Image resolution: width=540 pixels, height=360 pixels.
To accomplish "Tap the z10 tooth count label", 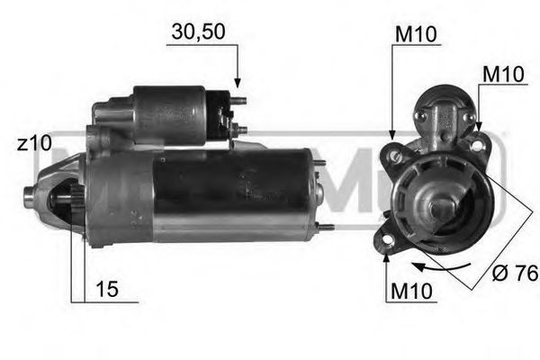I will [35, 144].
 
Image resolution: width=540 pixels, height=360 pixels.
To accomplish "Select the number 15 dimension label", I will [106, 290].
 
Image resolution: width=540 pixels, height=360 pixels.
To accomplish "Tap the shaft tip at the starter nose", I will [27, 193].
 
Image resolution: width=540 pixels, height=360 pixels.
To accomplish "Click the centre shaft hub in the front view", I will [440, 206].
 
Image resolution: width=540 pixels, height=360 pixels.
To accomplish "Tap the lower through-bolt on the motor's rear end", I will [326, 227].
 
